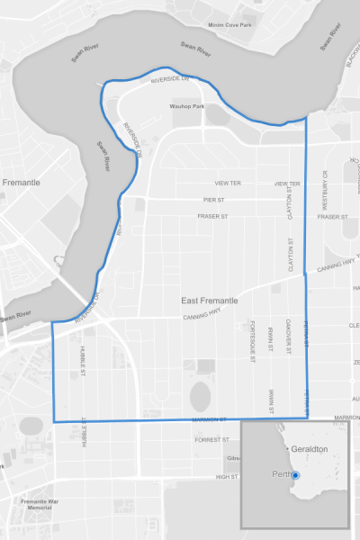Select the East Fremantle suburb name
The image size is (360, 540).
pos(210,300)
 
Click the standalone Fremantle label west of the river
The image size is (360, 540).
pos(22,182)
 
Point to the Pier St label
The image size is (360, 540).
pos(213,199)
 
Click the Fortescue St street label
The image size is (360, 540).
pos(254,341)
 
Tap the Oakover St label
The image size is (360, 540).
pos(287,337)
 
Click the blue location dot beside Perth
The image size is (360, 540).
pos(295,474)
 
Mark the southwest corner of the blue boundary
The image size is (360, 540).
pos(53,421)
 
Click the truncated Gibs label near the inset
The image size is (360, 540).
pos(232,458)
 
